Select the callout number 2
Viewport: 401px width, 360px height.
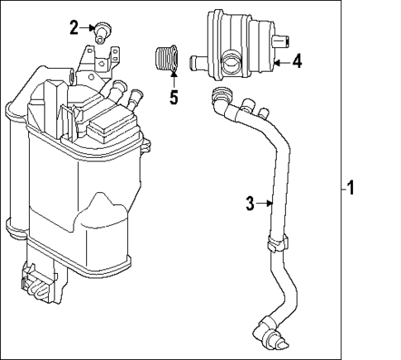pos(74,28)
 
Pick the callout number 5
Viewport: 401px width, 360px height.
pos(174,97)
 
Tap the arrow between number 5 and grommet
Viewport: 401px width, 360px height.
pos(174,80)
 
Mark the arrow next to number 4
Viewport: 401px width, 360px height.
pos(279,61)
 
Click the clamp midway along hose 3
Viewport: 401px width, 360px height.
pos(277,242)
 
